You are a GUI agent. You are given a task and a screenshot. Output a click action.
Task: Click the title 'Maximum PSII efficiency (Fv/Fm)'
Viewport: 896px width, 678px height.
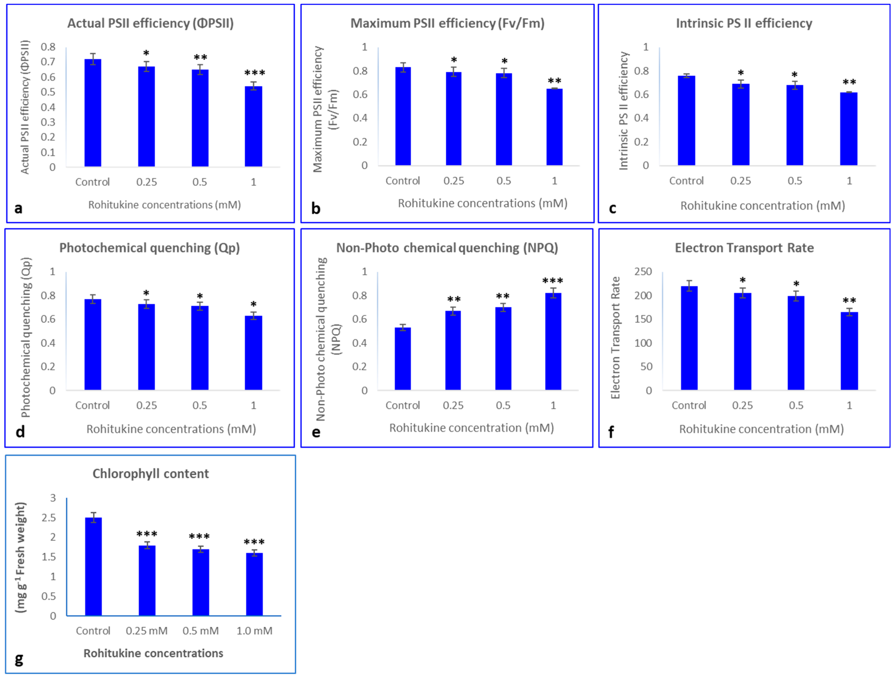[447, 23]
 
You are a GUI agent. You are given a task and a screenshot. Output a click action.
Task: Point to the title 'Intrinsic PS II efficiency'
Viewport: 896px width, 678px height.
[744, 23]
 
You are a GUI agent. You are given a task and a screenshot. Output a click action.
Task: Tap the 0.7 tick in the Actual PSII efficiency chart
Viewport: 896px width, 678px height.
[48, 62]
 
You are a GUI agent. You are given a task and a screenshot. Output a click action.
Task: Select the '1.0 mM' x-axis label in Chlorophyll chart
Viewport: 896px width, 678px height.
[254, 631]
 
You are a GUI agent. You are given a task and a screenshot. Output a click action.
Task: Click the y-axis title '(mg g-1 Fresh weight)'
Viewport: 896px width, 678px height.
[21, 557]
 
